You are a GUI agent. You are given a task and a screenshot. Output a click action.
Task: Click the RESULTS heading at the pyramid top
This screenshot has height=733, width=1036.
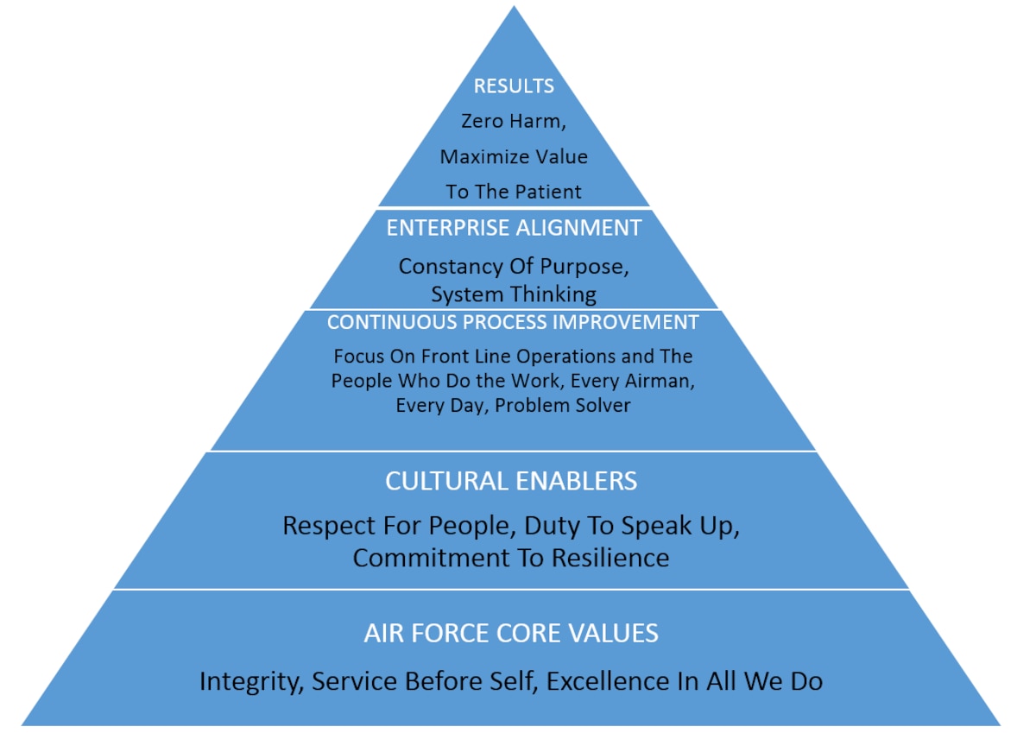point(514,86)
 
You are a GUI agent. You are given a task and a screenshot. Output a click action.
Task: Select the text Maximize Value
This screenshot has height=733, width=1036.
point(514,157)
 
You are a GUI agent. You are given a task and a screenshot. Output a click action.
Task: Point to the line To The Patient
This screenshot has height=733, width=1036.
point(514,192)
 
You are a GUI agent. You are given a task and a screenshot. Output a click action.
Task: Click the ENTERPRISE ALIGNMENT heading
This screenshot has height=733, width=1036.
point(514,228)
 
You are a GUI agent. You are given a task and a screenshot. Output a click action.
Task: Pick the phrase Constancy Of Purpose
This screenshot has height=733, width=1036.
point(512,267)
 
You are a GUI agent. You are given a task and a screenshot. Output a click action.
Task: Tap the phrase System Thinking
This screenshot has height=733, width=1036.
point(514,294)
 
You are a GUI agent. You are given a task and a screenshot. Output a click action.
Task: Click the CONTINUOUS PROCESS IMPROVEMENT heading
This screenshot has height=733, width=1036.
point(513,322)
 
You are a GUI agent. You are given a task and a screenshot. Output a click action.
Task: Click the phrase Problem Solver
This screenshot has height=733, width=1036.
point(562,406)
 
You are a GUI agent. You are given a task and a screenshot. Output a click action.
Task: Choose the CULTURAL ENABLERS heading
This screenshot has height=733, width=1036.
point(511,481)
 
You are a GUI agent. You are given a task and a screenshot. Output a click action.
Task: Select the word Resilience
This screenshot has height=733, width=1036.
point(610,558)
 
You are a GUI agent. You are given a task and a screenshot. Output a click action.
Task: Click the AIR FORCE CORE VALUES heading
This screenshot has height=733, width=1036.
point(511,633)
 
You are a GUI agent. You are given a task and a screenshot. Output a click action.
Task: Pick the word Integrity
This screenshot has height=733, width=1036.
point(250,682)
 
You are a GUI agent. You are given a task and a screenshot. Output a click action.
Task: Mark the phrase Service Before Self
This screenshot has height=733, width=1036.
point(423,681)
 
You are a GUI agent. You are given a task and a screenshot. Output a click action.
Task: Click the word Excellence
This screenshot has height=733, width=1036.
point(607,681)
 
